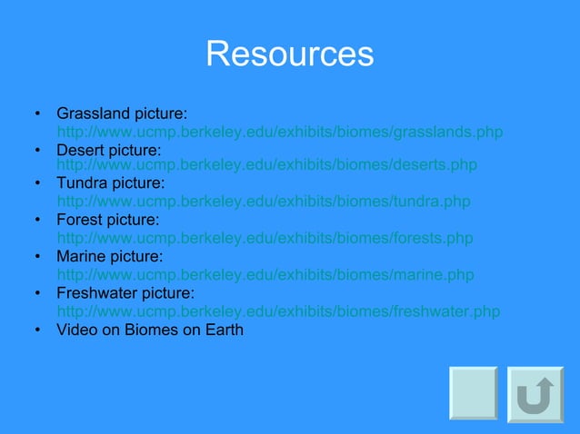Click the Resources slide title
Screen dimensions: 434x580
[289, 54]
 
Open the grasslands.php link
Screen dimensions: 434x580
[279, 133]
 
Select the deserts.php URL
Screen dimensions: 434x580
[266, 165]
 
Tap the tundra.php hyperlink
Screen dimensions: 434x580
[264, 202]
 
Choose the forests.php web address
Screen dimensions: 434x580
[265, 239]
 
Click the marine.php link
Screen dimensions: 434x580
[265, 275]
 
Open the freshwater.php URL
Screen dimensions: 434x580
[278, 311]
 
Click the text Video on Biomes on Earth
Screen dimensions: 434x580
[150, 330]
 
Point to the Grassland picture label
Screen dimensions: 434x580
[122, 114]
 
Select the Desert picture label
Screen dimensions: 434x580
[109, 149]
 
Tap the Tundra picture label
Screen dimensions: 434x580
[111, 184]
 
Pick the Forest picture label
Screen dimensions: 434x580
[108, 221]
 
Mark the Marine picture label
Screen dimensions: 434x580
[110, 258]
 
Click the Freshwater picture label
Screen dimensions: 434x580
[125, 294]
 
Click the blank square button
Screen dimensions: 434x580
[474, 393]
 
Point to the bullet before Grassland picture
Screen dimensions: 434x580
[37, 115]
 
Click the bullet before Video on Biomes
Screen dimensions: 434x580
[37, 330]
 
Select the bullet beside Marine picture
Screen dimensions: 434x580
[37, 259]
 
